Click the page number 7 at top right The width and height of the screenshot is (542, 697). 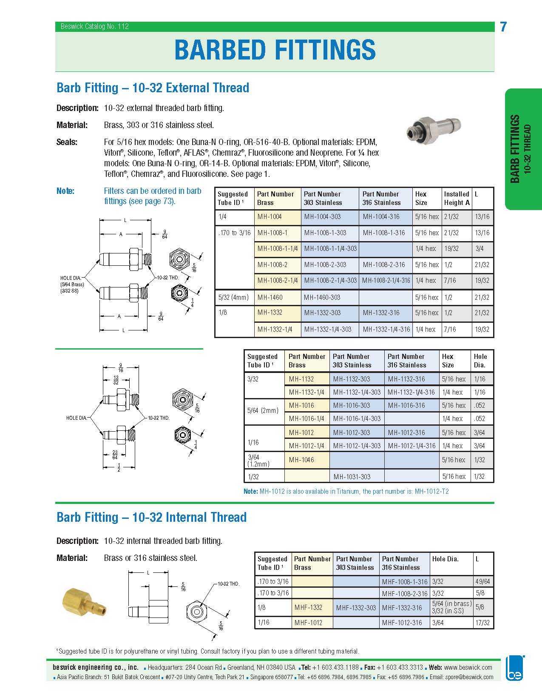coord(503,27)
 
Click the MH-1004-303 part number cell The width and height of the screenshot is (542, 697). coord(322,216)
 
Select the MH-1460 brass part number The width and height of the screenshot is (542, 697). coord(270,297)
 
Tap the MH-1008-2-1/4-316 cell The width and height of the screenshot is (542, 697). coord(386,280)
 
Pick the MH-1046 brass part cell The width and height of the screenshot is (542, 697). coord(301,460)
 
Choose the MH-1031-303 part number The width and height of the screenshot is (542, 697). coord(352,477)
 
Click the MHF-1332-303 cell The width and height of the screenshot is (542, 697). coord(356,608)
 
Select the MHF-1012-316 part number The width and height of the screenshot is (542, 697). coord(402,623)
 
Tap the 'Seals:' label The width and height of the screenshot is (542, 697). coord(67,142)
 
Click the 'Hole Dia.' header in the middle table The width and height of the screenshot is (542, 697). coord(480,361)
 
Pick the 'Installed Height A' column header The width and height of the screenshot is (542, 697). coord(457,198)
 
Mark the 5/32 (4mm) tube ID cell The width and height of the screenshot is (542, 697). coord(233,297)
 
